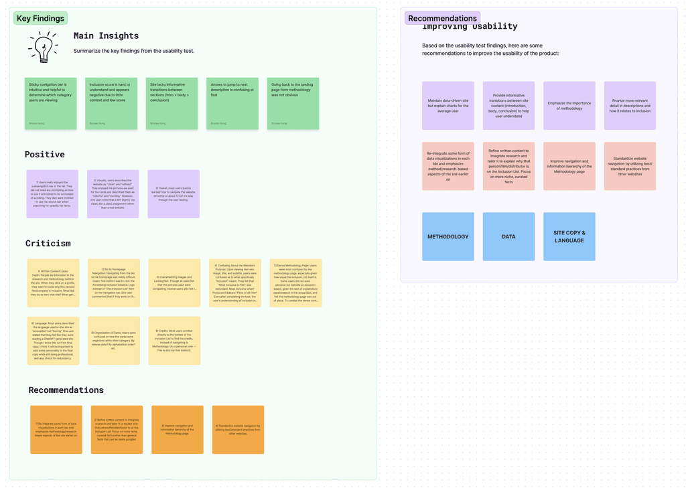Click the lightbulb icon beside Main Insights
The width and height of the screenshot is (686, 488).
[43, 47]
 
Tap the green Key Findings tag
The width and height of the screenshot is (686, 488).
[40, 19]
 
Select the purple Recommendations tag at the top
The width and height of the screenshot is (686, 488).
[442, 18]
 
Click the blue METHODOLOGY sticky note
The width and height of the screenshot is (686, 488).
[448, 236]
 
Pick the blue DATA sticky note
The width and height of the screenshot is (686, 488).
[508, 236]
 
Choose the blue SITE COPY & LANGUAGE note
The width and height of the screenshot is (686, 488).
[569, 236]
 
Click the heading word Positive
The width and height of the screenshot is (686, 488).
[45, 155]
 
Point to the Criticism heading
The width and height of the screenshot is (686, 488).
[48, 244]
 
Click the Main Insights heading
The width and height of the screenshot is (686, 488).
[106, 36]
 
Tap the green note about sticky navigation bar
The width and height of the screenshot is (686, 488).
[51, 103]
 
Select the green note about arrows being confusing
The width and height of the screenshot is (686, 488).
[232, 103]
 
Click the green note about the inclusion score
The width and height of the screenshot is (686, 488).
[111, 103]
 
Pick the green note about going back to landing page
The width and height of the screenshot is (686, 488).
[293, 103]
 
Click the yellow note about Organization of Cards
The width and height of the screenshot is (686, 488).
[114, 341]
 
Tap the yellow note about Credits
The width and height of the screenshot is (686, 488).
[174, 341]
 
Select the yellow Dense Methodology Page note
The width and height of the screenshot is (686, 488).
[295, 283]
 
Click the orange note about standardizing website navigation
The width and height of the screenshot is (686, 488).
[238, 430]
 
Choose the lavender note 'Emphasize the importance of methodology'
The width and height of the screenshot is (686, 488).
[569, 106]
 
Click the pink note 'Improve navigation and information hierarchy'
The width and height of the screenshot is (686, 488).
[569, 166]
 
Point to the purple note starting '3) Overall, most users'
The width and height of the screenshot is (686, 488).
[174, 193]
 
